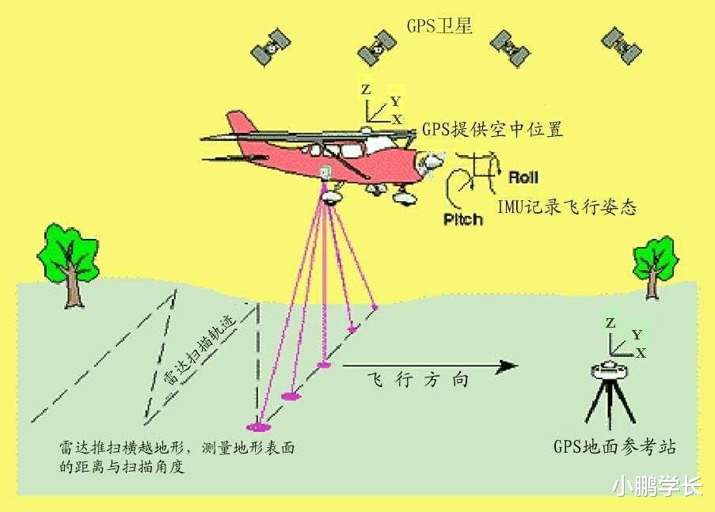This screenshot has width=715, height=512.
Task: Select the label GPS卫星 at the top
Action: pos(439,26)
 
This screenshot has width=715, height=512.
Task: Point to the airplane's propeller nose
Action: pos(431,163)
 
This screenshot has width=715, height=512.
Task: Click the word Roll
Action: pos(523,176)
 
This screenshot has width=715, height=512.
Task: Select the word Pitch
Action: pos(463,219)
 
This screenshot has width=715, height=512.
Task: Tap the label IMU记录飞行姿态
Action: pos(566,207)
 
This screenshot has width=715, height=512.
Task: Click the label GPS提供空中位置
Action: pos(493,130)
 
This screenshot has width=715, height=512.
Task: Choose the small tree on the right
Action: pos(654,267)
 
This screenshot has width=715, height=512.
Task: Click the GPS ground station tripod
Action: pos(610,394)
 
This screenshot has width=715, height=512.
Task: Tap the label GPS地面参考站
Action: pos(614,446)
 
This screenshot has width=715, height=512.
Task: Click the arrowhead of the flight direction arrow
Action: pos(508,366)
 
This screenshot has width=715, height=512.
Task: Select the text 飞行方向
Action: pos(418,379)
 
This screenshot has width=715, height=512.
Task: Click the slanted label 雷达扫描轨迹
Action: pos(200,350)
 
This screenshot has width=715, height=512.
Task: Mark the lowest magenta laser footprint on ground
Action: pos(258,427)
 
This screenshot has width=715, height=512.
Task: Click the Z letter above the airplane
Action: pos(366,89)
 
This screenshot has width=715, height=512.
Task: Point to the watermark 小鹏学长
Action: pos(656,487)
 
